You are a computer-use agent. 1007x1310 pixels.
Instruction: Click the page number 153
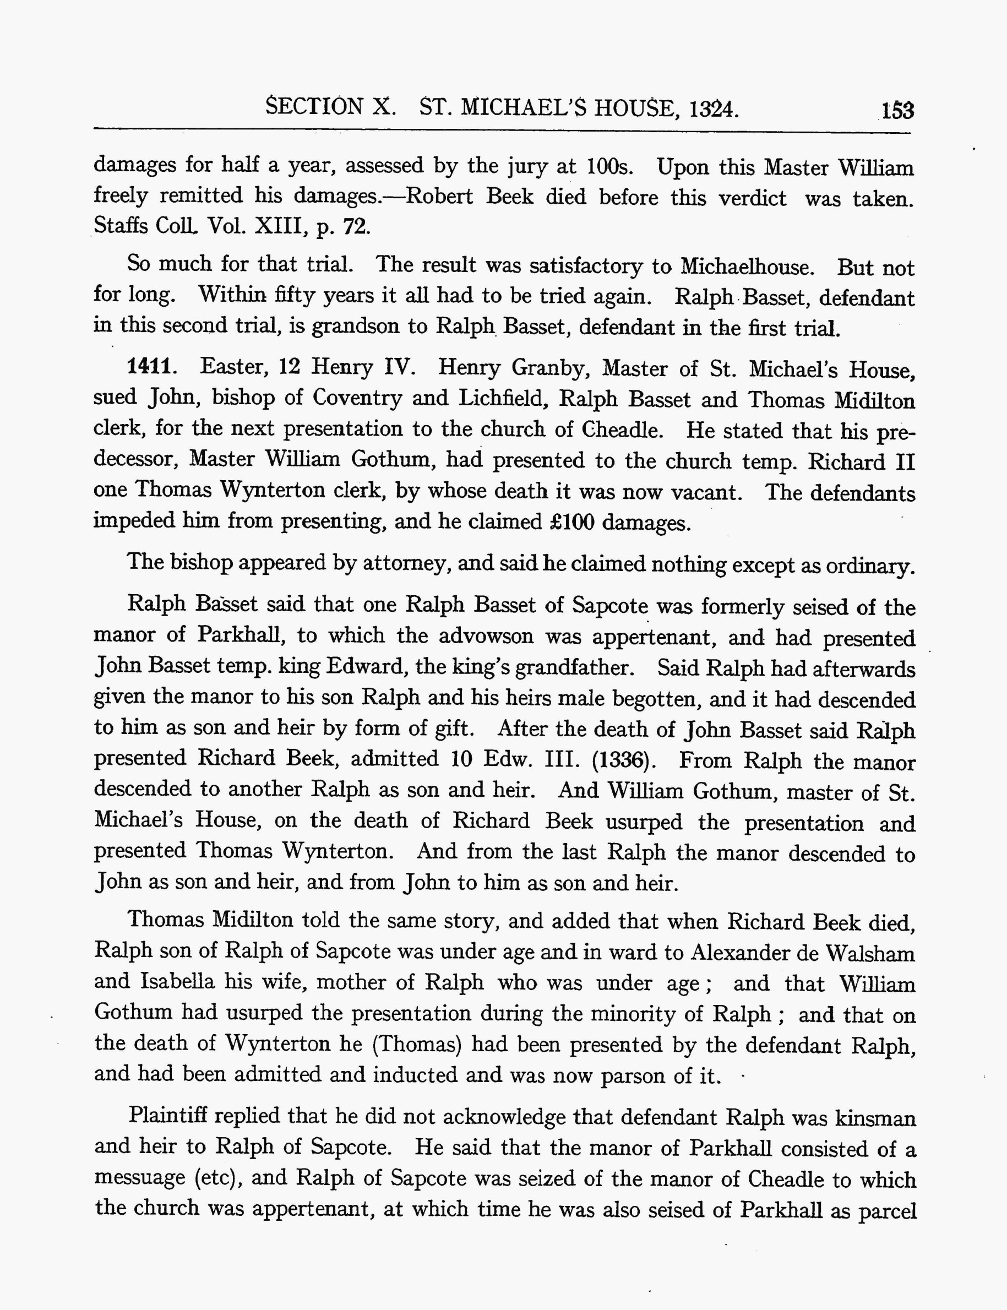[x=897, y=111]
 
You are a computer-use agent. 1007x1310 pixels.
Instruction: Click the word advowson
[x=486, y=635]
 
